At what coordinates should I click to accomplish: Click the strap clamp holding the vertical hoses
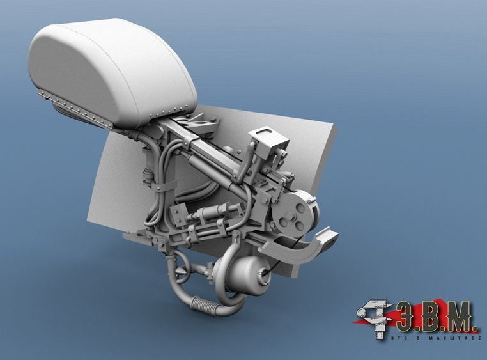(162, 186)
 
